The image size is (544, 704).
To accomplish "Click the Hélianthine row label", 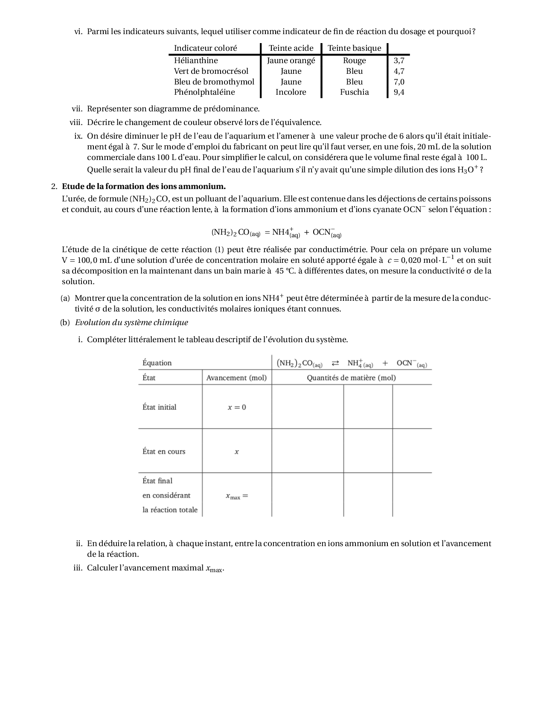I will (196, 61).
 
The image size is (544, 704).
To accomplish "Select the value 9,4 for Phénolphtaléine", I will (399, 92).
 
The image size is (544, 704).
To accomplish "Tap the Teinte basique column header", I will (354, 48).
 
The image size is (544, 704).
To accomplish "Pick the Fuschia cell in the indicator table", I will (354, 92).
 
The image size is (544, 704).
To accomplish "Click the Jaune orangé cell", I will (291, 61).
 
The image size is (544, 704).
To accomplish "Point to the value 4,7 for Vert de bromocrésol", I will (399, 71).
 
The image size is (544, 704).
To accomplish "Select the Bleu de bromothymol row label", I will (214, 82).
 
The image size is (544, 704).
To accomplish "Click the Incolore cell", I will (291, 92).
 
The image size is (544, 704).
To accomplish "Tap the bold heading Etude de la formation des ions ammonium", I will (144, 186).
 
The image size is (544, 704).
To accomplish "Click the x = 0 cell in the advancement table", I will (237, 407).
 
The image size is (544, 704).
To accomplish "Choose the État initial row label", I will (159, 407).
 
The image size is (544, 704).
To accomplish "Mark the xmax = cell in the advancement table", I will (237, 496).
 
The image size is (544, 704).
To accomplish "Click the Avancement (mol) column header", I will (236, 378).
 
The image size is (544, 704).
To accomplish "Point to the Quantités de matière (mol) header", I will (351, 378).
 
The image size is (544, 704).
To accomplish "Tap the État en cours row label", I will (164, 451).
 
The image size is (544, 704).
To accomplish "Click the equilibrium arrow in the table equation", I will (335, 364).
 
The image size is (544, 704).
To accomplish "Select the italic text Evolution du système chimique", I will (131, 323).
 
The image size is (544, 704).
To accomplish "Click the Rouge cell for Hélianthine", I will (354, 61).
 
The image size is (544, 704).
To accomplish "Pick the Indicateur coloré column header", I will (205, 48).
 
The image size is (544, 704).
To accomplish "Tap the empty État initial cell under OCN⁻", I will (412, 407).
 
